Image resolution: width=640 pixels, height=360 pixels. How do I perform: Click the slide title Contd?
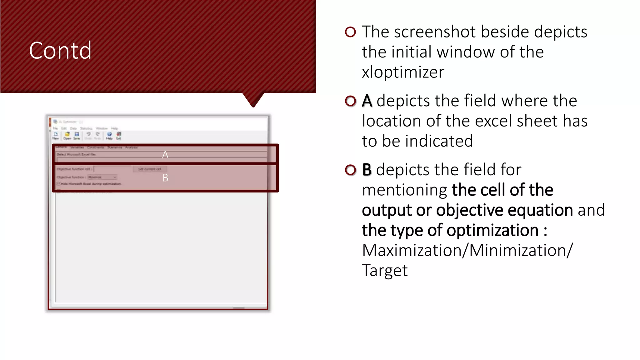point(60,50)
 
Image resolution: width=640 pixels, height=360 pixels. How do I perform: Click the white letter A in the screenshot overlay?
point(165,155)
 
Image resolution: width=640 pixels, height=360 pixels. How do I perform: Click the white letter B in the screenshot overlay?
point(165,178)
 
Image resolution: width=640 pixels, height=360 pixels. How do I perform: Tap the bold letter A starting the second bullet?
point(367,101)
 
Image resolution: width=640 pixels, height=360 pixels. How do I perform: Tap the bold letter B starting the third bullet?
point(367,170)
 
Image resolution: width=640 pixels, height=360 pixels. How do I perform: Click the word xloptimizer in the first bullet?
point(403,72)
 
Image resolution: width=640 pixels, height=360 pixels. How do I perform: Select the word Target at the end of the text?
point(385,271)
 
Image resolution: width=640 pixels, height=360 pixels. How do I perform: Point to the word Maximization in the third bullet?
point(412,250)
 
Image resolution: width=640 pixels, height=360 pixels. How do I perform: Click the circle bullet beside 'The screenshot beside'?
point(350,32)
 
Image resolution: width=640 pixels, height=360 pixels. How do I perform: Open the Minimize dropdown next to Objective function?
point(102,177)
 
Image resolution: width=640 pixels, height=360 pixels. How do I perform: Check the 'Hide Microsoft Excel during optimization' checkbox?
point(58,184)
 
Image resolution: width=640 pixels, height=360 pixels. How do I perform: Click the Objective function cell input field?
point(112,169)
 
